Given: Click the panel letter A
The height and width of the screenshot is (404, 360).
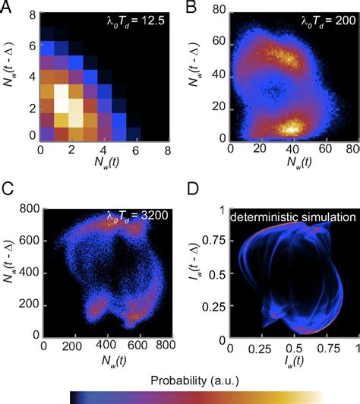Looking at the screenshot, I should tap(9, 7).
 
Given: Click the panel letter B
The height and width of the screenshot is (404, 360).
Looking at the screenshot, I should tap(191, 7).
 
